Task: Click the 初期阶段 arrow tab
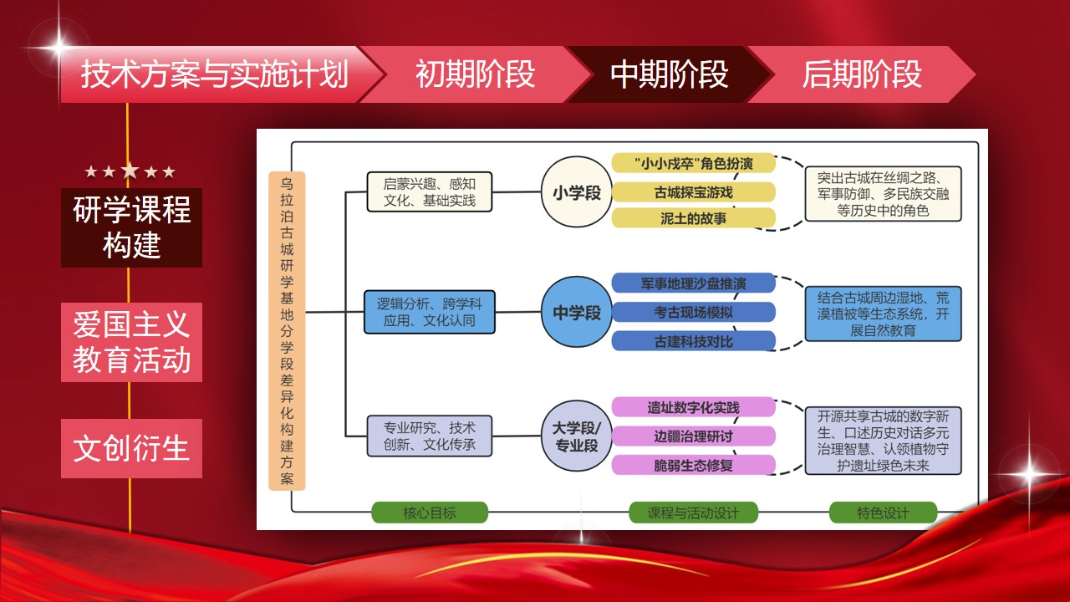coord(475,74)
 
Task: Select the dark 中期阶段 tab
coord(669,74)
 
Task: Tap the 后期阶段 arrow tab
coord(861,74)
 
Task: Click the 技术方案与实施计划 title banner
coord(214,74)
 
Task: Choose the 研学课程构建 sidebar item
coord(132,227)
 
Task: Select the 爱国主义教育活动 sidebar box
coord(132,342)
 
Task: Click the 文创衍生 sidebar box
coord(132,449)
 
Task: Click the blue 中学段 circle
coord(577,313)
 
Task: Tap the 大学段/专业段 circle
coord(577,436)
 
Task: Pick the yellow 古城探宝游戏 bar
coord(693,192)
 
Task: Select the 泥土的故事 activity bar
coord(693,219)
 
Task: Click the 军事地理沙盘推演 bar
coord(693,283)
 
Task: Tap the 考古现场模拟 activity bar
coord(693,313)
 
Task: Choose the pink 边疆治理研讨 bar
coord(693,436)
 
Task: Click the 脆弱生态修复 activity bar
coord(693,466)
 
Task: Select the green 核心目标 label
coord(430,513)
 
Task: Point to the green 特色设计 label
coord(883,513)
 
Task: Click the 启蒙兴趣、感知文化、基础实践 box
coord(430,191)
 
